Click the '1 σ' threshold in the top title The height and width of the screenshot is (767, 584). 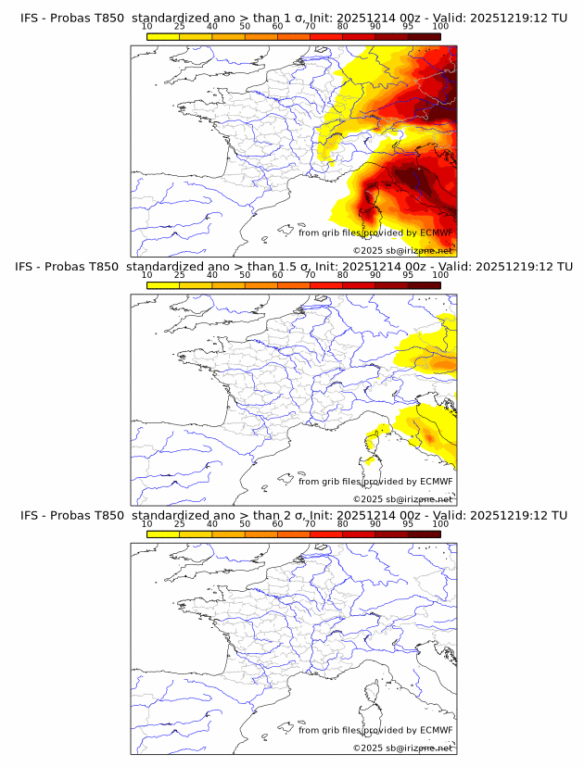297,18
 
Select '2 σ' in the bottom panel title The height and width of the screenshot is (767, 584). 298,515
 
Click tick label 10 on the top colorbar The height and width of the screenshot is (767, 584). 146,27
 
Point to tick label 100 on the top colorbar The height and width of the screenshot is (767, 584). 440,27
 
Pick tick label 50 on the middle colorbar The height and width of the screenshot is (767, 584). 245,275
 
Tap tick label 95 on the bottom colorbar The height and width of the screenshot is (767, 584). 408,524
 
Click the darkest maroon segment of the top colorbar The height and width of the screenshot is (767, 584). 424,35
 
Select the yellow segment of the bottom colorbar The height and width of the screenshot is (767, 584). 163,534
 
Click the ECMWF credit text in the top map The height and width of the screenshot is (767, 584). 375,233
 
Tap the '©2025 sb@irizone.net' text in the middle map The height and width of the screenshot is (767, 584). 402,498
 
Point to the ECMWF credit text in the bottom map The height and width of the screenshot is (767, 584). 375,730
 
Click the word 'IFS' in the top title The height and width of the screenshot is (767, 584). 31,18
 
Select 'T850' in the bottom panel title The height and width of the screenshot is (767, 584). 108,515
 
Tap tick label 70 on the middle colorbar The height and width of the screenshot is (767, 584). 310,275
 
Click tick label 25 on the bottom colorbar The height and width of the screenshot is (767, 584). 179,524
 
